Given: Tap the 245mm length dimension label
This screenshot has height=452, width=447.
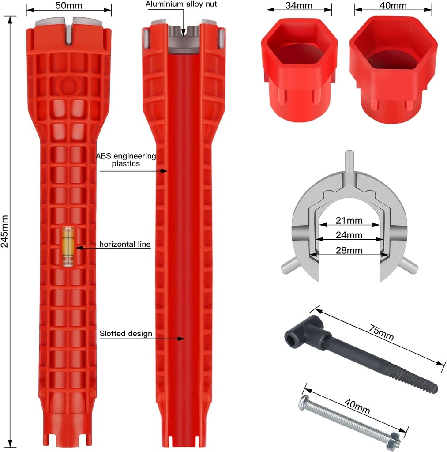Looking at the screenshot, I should click(5, 232).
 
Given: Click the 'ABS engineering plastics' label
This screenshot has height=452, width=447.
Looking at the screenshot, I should click(126, 159).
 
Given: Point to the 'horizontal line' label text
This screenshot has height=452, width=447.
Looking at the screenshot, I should click(125, 244).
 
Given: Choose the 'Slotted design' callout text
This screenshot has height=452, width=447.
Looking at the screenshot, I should click(126, 334).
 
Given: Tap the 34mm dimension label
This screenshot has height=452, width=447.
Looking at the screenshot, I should click(299, 6).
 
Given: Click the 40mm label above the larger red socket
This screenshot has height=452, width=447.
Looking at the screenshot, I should click(393, 6).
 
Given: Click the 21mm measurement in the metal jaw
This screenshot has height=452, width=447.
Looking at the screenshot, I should click(349, 220).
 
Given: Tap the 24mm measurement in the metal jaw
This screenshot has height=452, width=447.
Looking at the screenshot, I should click(349, 235).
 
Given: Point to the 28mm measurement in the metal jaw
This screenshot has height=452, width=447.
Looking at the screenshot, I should click(349, 250).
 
